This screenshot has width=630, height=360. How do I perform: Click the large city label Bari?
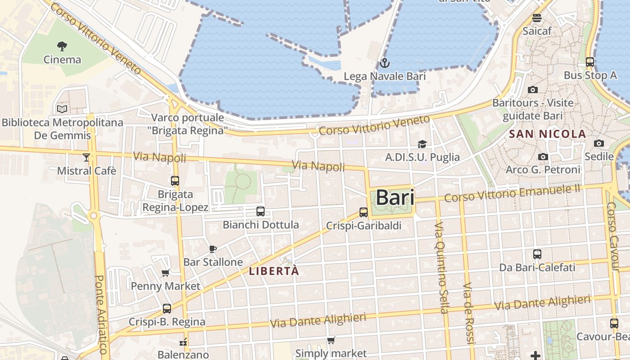click(x=395, y=197)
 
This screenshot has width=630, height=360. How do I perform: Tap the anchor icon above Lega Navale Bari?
click(x=384, y=63)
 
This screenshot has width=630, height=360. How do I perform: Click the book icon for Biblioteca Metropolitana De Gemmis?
click(x=62, y=109)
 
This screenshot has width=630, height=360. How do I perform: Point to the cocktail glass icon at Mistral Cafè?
click(x=86, y=157)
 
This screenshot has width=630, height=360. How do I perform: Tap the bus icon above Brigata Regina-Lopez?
click(x=175, y=181)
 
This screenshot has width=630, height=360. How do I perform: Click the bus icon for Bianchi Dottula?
click(x=260, y=211)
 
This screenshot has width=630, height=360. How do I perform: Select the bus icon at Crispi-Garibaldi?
click(x=363, y=212)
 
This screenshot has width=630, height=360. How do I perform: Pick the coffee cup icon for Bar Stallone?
click(x=213, y=249)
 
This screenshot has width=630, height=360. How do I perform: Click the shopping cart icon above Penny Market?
click(x=165, y=273)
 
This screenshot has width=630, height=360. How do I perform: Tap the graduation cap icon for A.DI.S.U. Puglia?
click(x=422, y=144)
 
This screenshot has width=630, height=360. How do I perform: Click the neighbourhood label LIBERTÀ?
click(x=274, y=271)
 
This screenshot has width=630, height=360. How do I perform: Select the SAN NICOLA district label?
click(x=547, y=134)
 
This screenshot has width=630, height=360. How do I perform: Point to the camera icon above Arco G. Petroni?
click(x=543, y=157)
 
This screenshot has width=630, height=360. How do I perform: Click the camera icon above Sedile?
click(x=598, y=143)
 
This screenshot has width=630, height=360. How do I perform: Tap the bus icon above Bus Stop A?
click(x=590, y=62)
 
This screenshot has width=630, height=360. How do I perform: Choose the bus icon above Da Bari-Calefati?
click(x=537, y=254)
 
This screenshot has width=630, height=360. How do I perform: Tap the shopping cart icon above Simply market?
click(x=331, y=340)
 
